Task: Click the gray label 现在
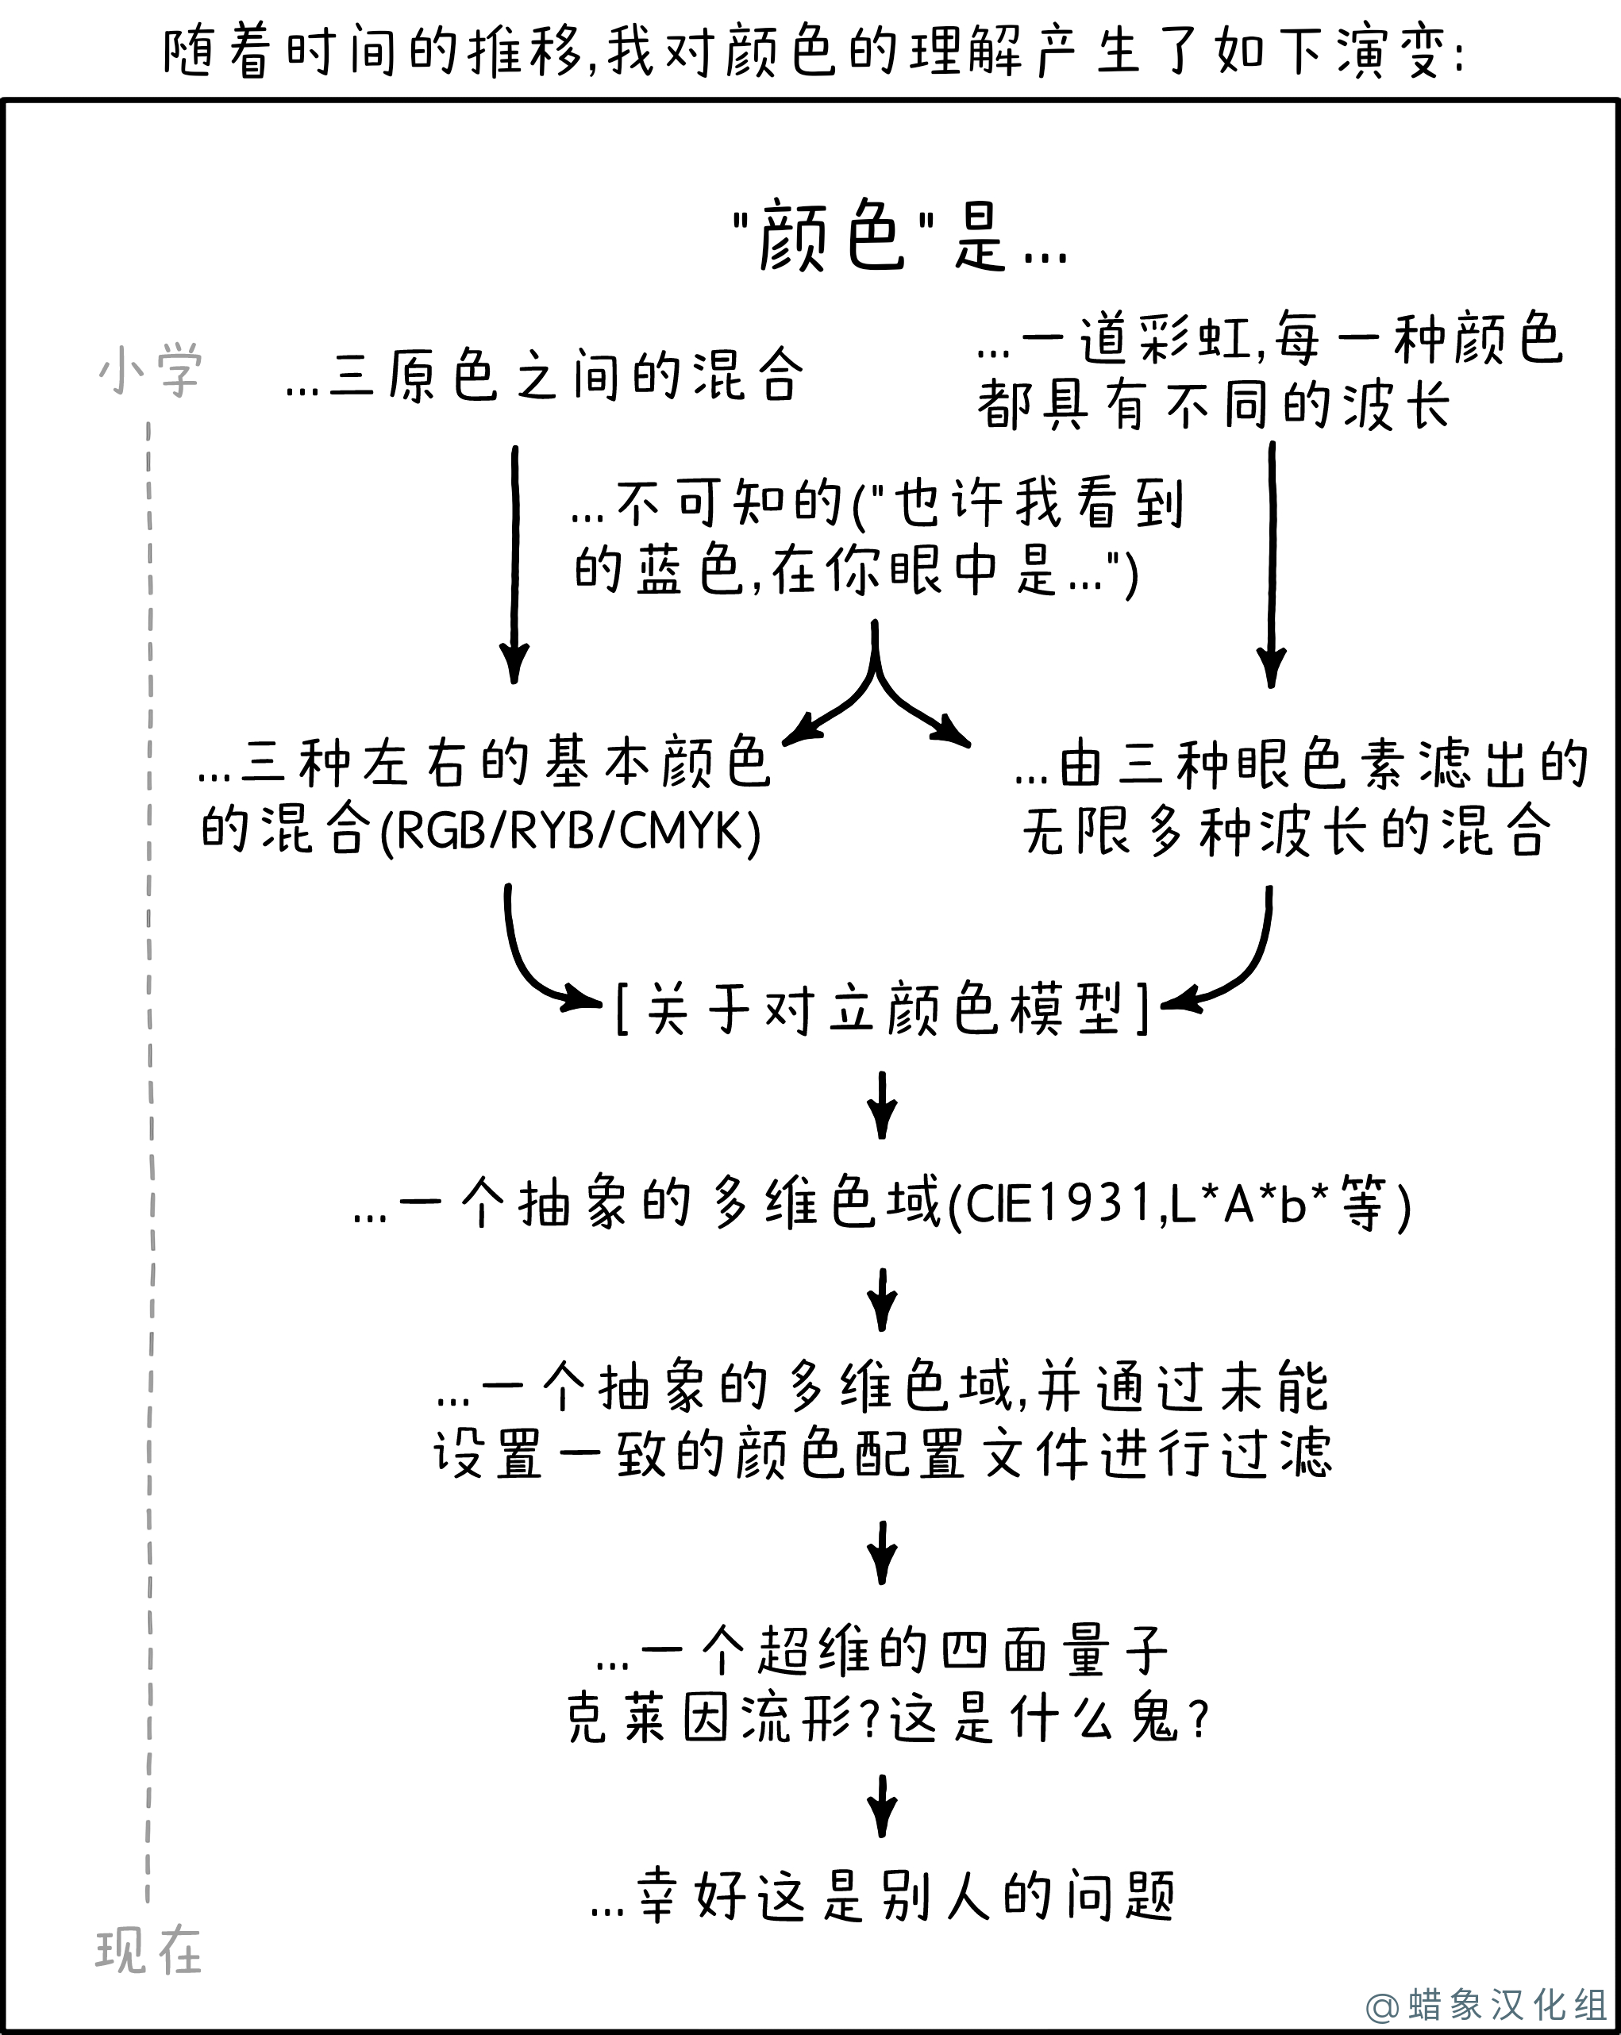[x=148, y=1951]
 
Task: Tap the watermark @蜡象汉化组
[x=1486, y=2005]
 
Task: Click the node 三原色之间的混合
[x=545, y=375]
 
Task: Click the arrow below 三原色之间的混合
[x=514, y=564]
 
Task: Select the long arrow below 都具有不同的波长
[x=1272, y=564]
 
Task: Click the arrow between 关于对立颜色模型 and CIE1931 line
[x=882, y=1104]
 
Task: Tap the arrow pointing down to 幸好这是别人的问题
[x=882, y=1806]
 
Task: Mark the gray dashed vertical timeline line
[x=149, y=1161]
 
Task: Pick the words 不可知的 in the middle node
[x=730, y=503]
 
